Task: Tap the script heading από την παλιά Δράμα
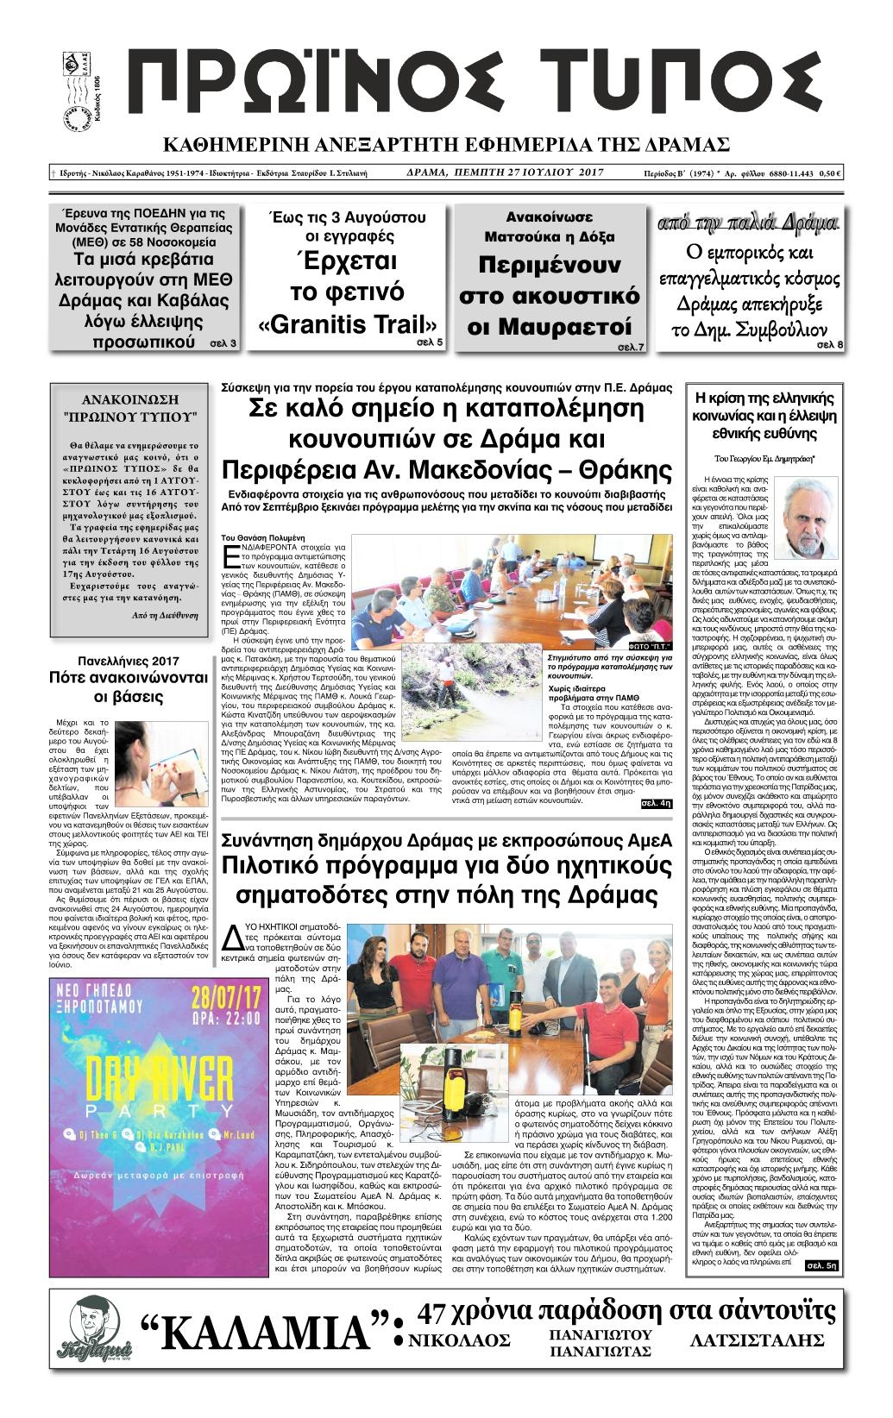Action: click(746, 224)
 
